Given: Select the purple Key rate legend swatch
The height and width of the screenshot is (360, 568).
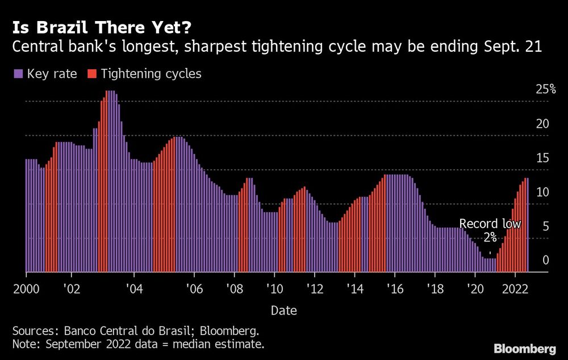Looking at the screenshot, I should coord(18,74).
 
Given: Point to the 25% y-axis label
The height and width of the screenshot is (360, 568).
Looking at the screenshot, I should coord(546,89).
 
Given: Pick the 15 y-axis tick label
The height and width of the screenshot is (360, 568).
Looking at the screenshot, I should coord(544,158).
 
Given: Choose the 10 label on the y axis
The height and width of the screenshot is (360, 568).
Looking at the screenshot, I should coord(544,192).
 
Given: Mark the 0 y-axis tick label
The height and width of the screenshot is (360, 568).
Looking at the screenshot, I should coord(546,260).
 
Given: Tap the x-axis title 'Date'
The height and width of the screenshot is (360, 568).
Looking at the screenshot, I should coord(283,311).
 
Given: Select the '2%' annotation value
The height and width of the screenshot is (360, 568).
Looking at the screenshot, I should coord(490,238).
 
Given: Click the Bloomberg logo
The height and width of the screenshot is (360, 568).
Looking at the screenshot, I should coord(525,348).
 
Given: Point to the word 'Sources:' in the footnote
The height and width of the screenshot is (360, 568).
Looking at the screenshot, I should coord(31,331).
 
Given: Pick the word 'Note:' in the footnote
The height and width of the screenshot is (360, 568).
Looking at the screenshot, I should coord(26,344).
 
